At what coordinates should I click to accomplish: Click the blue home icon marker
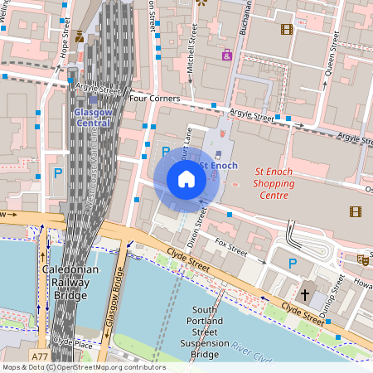tap(186, 179)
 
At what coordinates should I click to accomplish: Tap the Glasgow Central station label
tap(92, 117)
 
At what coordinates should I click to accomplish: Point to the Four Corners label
tap(155, 98)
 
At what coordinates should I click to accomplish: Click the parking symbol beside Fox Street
tap(292, 263)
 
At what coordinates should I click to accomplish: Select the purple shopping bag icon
tap(226, 55)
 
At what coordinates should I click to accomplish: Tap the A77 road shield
tap(40, 356)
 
